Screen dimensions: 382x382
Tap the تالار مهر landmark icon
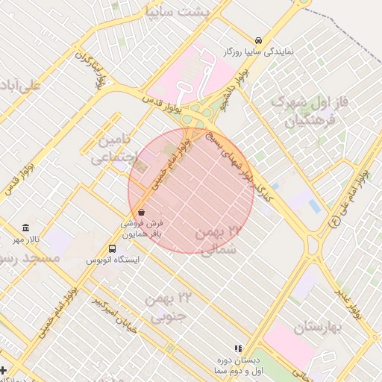click(x=26, y=227)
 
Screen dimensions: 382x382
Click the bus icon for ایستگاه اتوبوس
click(x=112, y=248)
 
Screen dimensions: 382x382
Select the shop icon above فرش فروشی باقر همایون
click(x=141, y=212)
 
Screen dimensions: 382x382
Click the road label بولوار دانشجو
click(x=233, y=91)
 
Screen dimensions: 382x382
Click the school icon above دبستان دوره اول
click(x=238, y=348)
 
